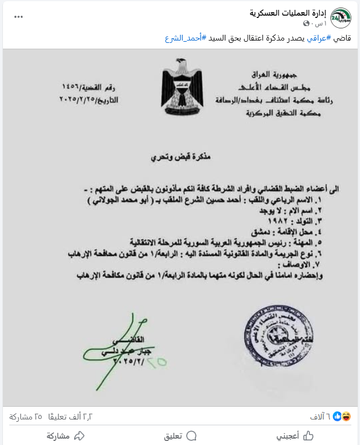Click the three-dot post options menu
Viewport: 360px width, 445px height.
pyautogui.click(x=19, y=16)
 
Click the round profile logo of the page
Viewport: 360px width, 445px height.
pyautogui.click(x=342, y=17)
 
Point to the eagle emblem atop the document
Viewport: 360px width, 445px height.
pyautogui.click(x=180, y=87)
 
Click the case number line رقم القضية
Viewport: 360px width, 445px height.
pyautogui.click(x=94, y=87)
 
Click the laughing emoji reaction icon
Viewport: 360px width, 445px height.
pyautogui.click(x=346, y=416)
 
